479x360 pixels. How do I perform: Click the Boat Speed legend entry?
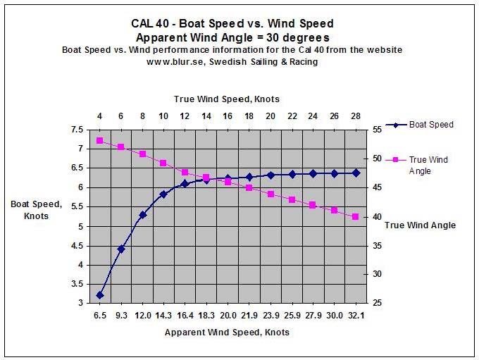428,125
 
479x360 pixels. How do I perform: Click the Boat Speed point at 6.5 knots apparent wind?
100,295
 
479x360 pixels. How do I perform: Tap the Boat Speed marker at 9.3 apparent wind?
121,249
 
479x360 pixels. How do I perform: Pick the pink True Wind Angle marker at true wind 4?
100,141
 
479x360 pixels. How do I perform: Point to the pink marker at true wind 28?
356,216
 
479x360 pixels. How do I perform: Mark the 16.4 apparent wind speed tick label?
185,316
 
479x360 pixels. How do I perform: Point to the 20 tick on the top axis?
270,116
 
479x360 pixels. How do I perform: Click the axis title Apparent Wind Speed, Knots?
227,332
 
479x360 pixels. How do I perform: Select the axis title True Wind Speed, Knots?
228,99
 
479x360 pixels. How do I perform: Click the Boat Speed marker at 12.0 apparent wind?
142,215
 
